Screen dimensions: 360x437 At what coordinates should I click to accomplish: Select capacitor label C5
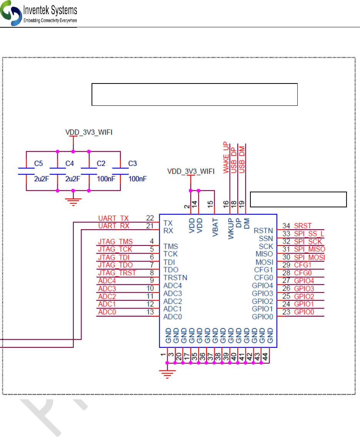click(x=38, y=163)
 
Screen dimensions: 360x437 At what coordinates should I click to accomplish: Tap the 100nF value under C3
click(x=137, y=178)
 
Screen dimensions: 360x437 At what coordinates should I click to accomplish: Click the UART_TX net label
click(x=113, y=218)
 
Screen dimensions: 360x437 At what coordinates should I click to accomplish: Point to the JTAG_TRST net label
click(x=117, y=273)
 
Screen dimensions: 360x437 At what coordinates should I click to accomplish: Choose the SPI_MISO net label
click(x=310, y=249)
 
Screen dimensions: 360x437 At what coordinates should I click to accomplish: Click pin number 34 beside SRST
click(x=286, y=226)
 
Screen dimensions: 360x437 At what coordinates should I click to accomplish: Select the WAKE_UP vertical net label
click(x=226, y=157)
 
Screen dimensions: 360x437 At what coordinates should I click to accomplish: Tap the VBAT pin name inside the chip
click(x=215, y=227)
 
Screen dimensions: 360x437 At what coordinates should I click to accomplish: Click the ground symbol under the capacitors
click(x=73, y=202)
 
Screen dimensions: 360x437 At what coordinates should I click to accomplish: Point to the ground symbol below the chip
click(x=167, y=374)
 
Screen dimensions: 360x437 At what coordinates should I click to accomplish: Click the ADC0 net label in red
click(x=107, y=312)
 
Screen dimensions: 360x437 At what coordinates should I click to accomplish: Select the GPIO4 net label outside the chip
click(x=304, y=281)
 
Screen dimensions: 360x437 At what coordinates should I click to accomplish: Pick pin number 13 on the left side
click(x=150, y=312)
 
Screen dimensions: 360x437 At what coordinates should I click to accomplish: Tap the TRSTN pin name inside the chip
click(x=175, y=278)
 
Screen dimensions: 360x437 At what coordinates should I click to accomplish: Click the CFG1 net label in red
click(x=303, y=265)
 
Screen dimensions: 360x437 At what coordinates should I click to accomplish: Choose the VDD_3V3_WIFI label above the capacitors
click(x=89, y=132)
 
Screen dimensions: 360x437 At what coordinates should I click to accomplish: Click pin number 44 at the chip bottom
click(x=265, y=357)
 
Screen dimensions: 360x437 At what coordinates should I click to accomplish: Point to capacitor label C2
click(x=101, y=163)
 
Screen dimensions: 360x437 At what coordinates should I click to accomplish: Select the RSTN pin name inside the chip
click(x=263, y=231)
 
